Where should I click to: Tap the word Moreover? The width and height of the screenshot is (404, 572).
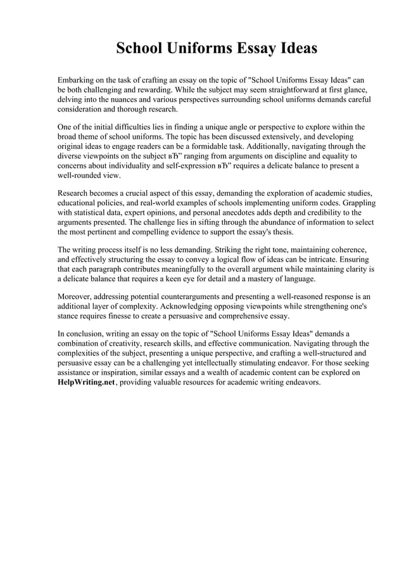tap(77, 296)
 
